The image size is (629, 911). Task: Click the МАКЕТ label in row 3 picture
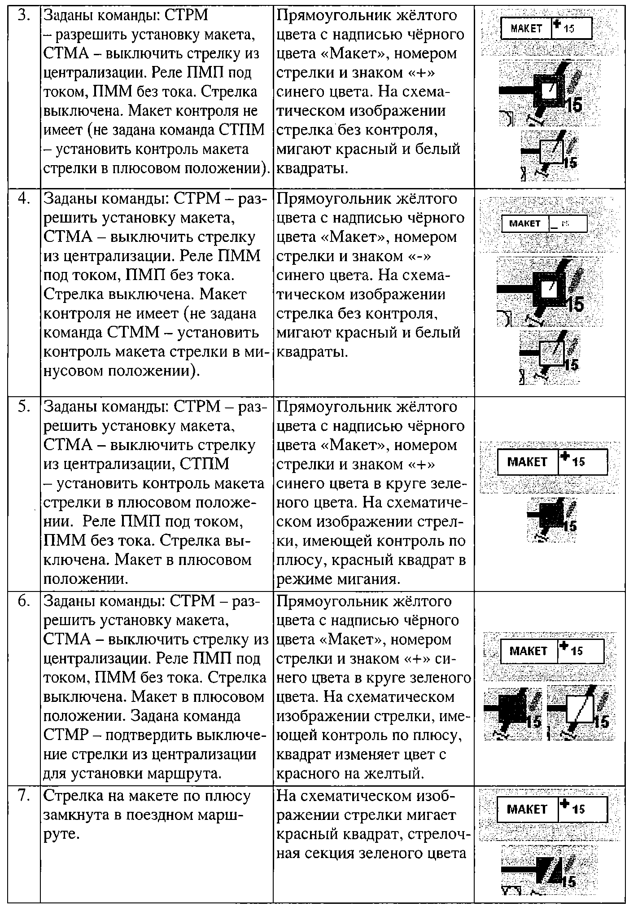pos(526,29)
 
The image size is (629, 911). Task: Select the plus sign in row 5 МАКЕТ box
pos(566,456)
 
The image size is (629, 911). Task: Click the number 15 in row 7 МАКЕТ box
pos(579,809)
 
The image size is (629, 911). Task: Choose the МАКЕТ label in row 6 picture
pos(529,651)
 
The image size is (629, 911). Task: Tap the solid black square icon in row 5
pos(551,516)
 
